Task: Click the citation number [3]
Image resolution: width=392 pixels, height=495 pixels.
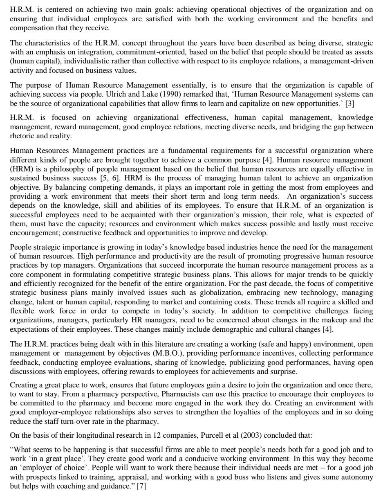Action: [x=349, y=103]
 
